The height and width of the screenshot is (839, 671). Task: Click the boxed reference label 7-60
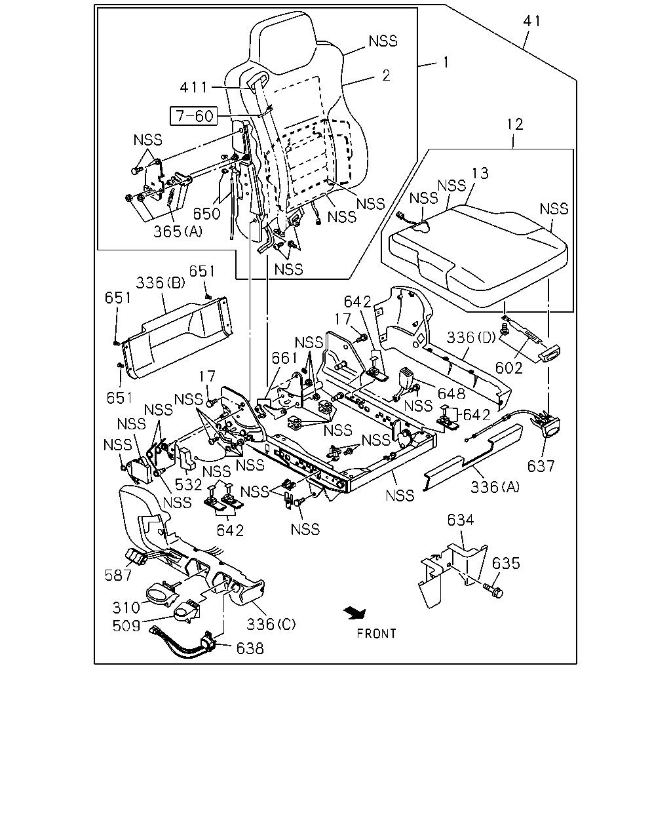tap(194, 116)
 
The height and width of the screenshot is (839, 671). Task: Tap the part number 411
tap(194, 87)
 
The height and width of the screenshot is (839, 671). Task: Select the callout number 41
tap(532, 21)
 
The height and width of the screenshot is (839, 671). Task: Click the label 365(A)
tap(178, 231)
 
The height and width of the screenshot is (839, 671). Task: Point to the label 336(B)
tap(161, 283)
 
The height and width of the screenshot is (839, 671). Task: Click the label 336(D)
tap(471, 337)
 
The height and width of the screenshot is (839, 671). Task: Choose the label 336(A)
tap(495, 486)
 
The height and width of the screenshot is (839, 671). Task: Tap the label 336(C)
tap(271, 624)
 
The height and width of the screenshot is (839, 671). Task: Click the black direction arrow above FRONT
tap(355, 614)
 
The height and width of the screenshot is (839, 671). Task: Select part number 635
tap(506, 563)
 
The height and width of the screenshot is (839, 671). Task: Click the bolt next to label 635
tap(493, 591)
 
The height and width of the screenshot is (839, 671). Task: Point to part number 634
tap(461, 520)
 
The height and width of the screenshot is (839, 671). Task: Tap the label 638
tap(250, 648)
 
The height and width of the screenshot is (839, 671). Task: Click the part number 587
tap(118, 575)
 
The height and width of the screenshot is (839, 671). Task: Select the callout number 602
tap(508, 368)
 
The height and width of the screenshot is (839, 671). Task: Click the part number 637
tap(541, 466)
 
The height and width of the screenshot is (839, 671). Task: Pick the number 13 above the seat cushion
tap(480, 173)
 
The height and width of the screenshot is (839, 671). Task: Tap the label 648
tap(451, 394)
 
